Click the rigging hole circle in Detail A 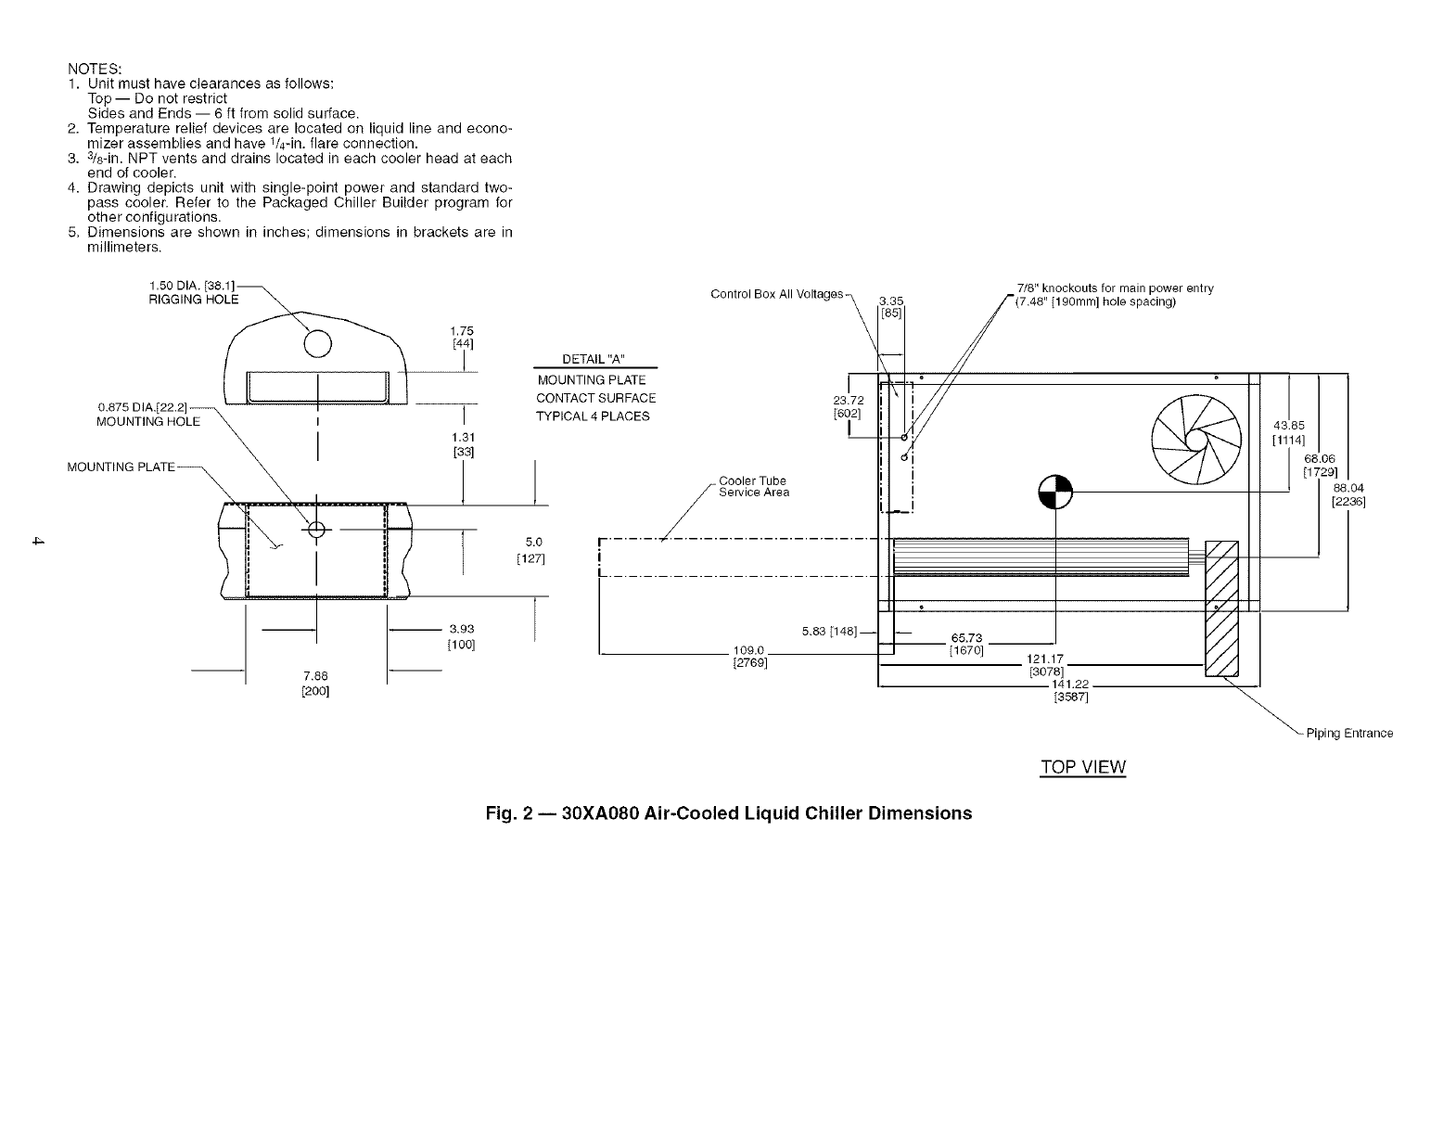pyautogui.click(x=317, y=344)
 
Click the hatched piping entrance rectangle pyautogui.click(x=1220, y=609)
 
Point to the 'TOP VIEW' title pyautogui.click(x=1082, y=767)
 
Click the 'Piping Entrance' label pyautogui.click(x=1349, y=734)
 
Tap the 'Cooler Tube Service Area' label pyautogui.click(x=753, y=486)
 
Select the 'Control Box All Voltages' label pyautogui.click(x=776, y=294)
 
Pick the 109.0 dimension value pyautogui.click(x=747, y=650)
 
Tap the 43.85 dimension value pyautogui.click(x=1288, y=427)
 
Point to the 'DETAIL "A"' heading pyautogui.click(x=595, y=360)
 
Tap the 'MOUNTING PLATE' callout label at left pyautogui.click(x=121, y=467)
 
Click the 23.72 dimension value pyautogui.click(x=849, y=401)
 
